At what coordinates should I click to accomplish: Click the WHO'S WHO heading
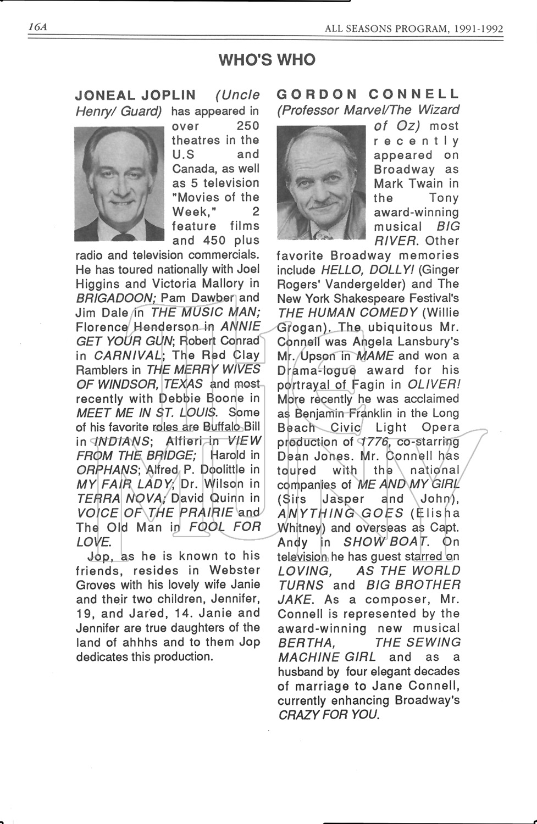[x=267, y=60]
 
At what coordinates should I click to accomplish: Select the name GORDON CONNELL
[x=368, y=94]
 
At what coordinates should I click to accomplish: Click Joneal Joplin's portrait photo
[x=119, y=184]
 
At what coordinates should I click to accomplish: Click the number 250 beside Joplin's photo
[x=247, y=126]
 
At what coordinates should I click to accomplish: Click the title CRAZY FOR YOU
[x=328, y=715]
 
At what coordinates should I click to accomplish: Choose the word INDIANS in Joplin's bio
[x=120, y=441]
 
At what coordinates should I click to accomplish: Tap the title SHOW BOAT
[x=385, y=542]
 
